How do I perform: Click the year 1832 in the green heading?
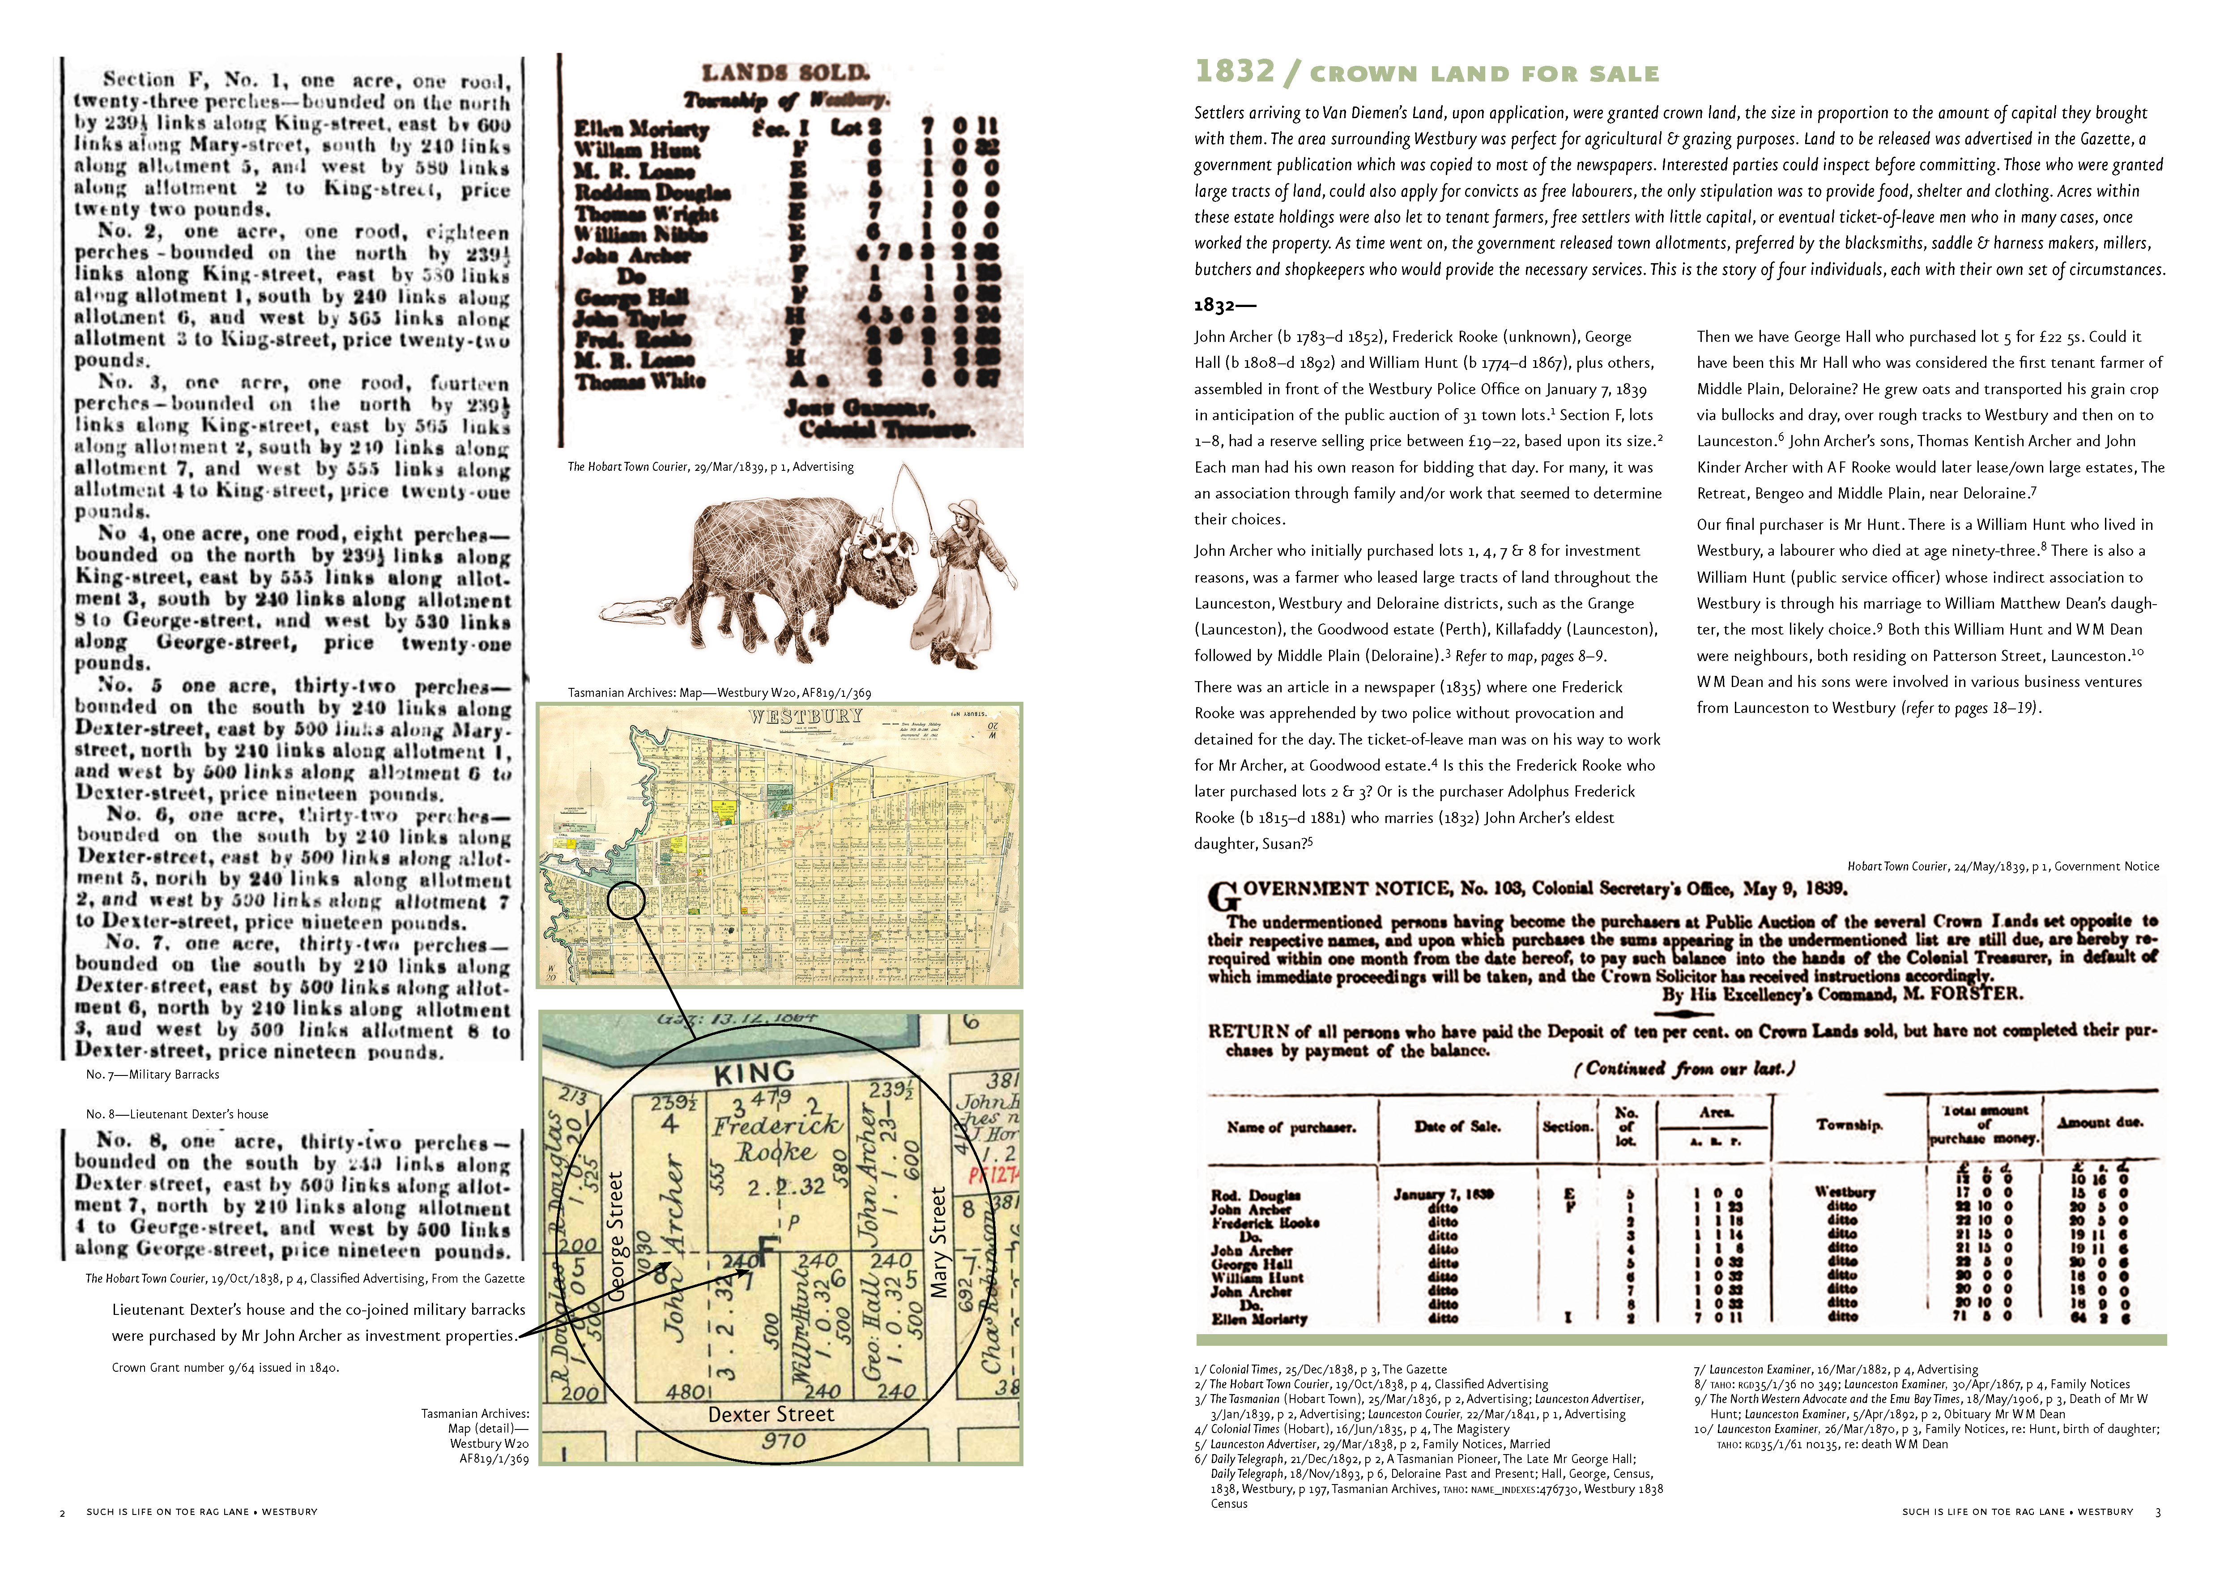click(1235, 72)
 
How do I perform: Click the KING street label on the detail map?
click(754, 1072)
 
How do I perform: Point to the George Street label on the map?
click(617, 1237)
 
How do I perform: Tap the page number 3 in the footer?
click(2157, 1512)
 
